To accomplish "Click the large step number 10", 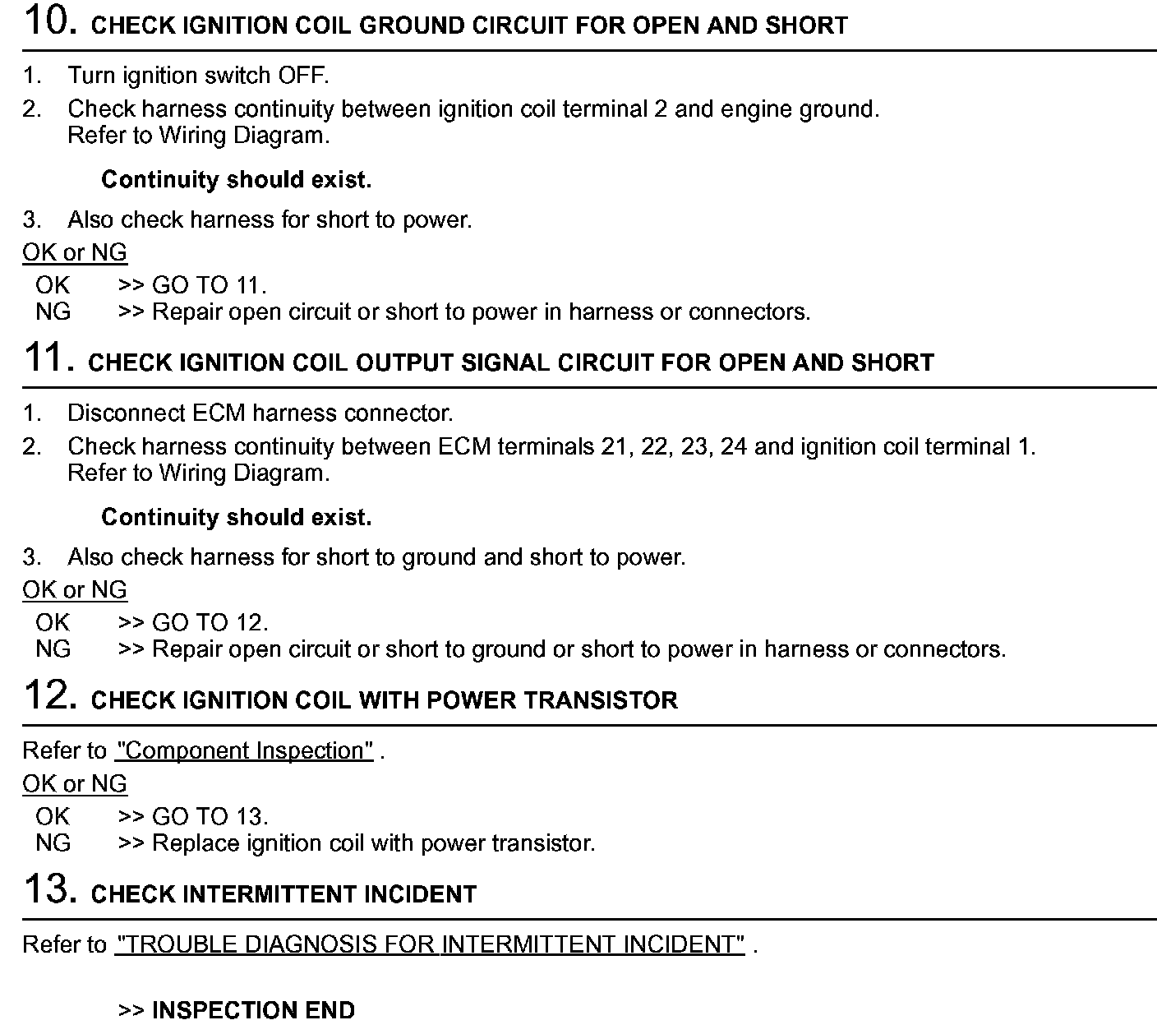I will (50, 21).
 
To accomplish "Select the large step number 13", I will (50, 889).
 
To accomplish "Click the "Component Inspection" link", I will (245, 751).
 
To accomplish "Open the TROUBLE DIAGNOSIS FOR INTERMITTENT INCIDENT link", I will (430, 945).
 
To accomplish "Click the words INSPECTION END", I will (253, 1010).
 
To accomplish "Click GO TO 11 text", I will (209, 286).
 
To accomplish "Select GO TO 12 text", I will (210, 623).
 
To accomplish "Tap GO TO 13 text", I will (210, 817).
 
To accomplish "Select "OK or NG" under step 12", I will (75, 784).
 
